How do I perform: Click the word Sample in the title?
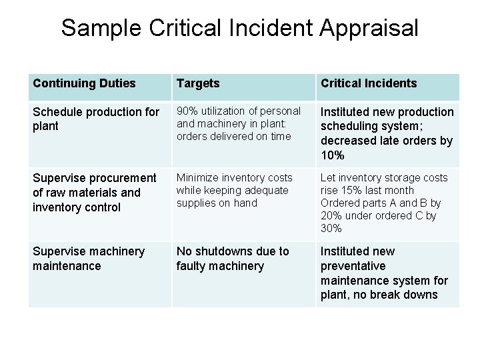click(x=101, y=28)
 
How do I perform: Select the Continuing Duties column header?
click(x=84, y=83)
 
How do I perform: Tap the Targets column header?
click(x=198, y=83)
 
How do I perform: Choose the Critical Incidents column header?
click(x=369, y=83)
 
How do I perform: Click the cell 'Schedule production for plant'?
click(x=96, y=119)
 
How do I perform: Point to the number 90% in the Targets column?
click(x=187, y=111)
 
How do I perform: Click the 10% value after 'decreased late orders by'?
click(x=332, y=155)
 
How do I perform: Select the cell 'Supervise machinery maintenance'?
click(x=89, y=259)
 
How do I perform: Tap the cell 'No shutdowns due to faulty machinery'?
click(x=233, y=259)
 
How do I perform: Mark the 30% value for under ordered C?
click(x=331, y=228)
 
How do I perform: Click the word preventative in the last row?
click(x=353, y=266)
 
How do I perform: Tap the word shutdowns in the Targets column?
click(x=229, y=251)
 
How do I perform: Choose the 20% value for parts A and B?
click(x=331, y=215)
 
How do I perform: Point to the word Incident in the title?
click(x=271, y=28)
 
